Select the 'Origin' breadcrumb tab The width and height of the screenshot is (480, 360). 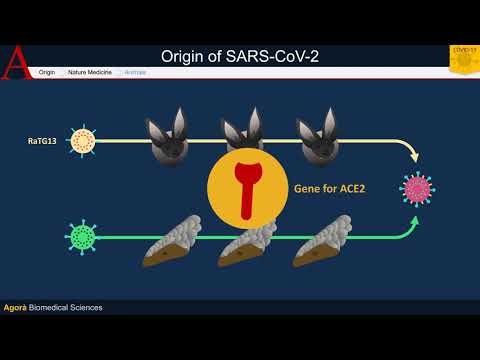point(46,72)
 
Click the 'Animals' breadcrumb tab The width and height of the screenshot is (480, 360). point(135,72)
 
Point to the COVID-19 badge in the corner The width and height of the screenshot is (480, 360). point(464,59)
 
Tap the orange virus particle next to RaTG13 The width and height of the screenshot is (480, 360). point(83,141)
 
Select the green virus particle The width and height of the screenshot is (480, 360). point(84,237)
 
